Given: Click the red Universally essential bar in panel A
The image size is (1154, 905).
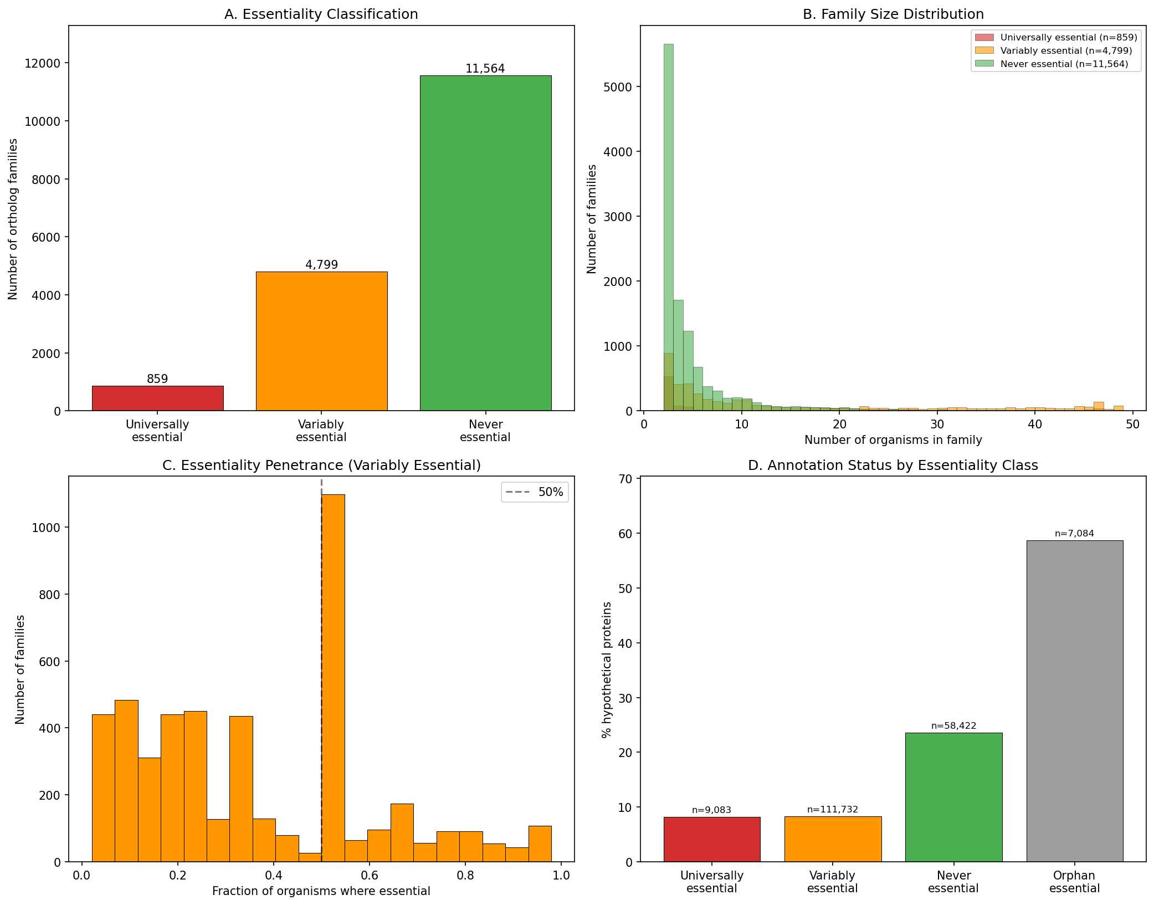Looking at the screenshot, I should pyautogui.click(x=157, y=398).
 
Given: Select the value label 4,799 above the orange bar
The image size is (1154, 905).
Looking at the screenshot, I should pyautogui.click(x=321, y=265).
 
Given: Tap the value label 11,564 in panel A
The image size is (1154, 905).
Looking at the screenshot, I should pyautogui.click(x=485, y=69).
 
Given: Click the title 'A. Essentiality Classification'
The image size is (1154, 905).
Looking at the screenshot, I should pyautogui.click(x=321, y=14).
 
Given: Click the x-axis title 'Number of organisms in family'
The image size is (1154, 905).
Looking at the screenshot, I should pyautogui.click(x=893, y=440).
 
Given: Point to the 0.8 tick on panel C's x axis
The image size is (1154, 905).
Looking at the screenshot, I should pyautogui.click(x=465, y=876).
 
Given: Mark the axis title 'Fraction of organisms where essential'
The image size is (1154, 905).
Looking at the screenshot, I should pyautogui.click(x=321, y=891).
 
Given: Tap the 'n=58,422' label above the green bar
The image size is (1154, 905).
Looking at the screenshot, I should pyautogui.click(x=953, y=726).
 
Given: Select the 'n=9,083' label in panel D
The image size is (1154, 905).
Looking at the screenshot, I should pyautogui.click(x=711, y=810).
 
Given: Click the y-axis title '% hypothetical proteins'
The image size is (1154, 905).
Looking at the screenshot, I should pyautogui.click(x=607, y=669).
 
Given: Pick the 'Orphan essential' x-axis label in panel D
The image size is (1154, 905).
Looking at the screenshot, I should pyautogui.click(x=1074, y=882).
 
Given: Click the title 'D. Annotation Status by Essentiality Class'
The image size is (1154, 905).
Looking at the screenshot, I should pyautogui.click(x=893, y=466).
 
